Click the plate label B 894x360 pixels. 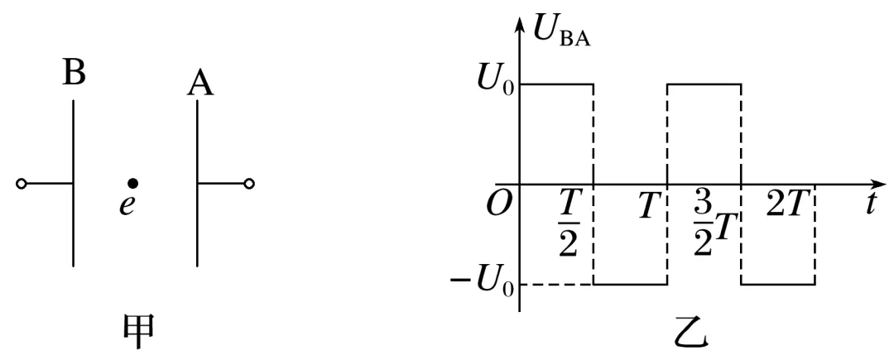click(74, 74)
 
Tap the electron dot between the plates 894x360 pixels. click(132, 183)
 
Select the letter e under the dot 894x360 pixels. click(125, 204)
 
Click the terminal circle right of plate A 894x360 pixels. click(249, 183)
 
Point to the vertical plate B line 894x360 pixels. click(74, 183)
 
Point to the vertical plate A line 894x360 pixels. click(197, 183)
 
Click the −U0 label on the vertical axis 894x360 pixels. click(479, 285)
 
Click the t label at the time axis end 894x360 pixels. click(872, 204)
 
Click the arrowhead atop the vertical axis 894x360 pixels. click(520, 20)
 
